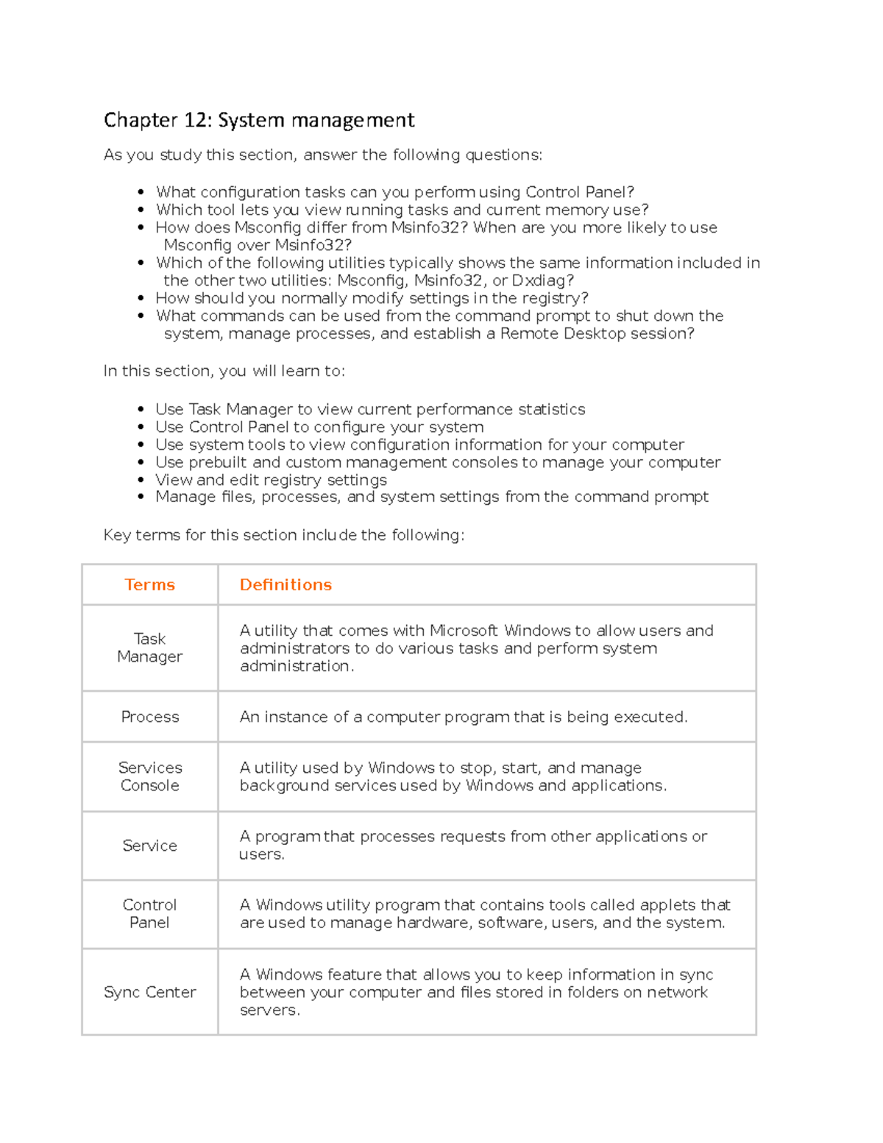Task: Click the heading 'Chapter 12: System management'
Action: [x=259, y=120]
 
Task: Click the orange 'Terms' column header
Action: [x=149, y=584]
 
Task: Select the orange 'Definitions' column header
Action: [x=286, y=584]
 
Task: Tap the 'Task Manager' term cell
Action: [x=149, y=648]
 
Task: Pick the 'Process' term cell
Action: [x=149, y=717]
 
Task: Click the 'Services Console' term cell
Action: [x=149, y=776]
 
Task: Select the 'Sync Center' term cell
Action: [x=149, y=992]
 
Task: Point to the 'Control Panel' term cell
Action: [x=149, y=913]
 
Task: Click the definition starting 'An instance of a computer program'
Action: [x=464, y=717]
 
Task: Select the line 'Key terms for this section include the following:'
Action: [x=284, y=535]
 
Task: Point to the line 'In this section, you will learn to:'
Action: [x=224, y=371]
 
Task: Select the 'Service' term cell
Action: [x=149, y=846]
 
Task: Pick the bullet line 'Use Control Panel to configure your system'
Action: [x=319, y=427]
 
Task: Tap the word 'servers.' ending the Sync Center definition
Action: [x=269, y=1010]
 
